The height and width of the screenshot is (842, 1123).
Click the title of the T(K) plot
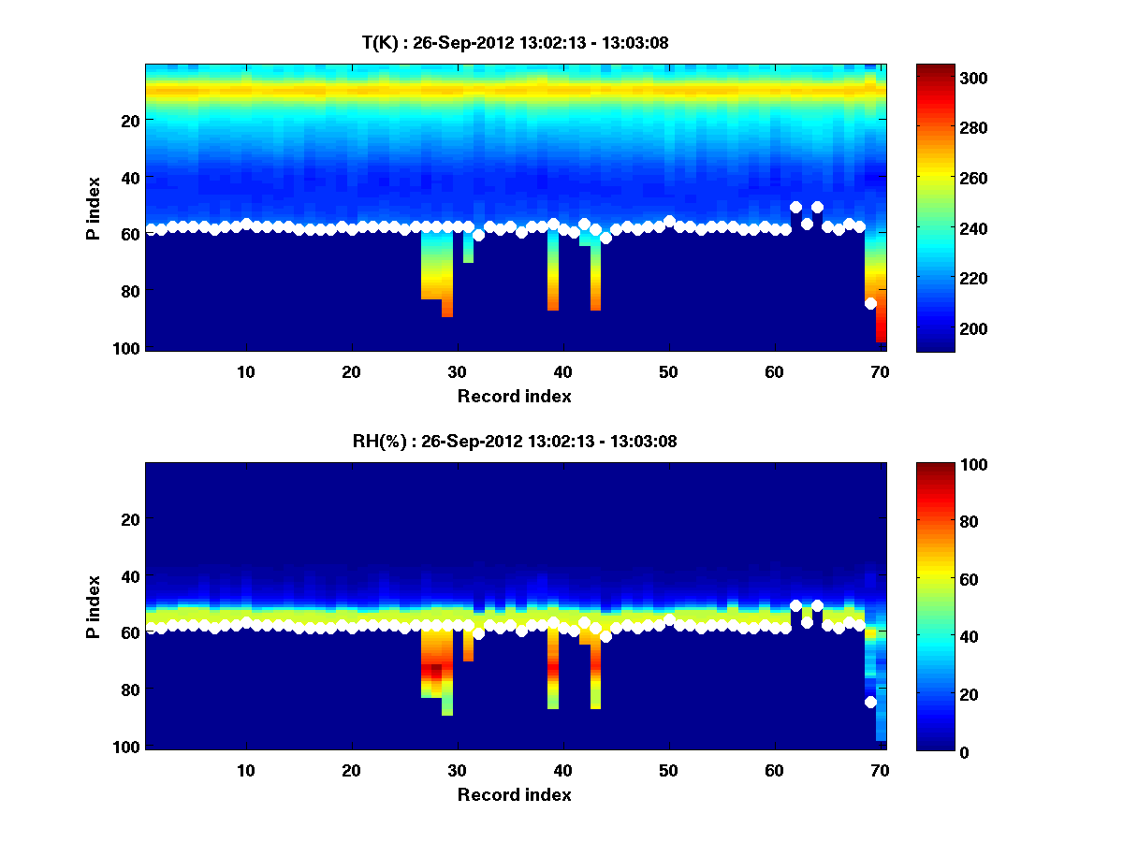[515, 42]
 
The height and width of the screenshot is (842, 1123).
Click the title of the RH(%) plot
[515, 441]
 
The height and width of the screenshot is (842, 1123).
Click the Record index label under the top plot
[515, 396]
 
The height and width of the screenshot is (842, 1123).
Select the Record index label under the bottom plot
[515, 794]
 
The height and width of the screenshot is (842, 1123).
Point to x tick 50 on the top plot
[668, 372]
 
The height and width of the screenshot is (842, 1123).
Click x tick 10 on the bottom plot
[246, 771]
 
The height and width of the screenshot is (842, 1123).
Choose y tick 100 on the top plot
[127, 348]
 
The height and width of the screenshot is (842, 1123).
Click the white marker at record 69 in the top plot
[870, 303]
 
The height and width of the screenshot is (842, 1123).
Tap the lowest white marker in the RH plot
[870, 702]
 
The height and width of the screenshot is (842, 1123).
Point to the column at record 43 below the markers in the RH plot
[595, 674]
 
